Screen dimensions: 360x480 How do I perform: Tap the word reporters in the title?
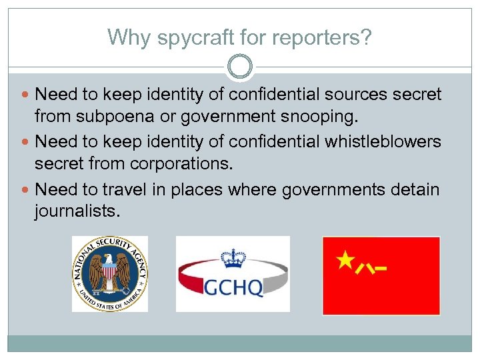point(319,37)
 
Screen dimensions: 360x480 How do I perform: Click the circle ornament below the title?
point(240,67)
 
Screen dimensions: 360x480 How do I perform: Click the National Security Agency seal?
point(110,274)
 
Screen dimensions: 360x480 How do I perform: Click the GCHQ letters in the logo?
point(233,287)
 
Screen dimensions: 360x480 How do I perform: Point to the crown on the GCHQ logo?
point(233,257)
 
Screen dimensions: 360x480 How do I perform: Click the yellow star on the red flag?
point(345,260)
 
